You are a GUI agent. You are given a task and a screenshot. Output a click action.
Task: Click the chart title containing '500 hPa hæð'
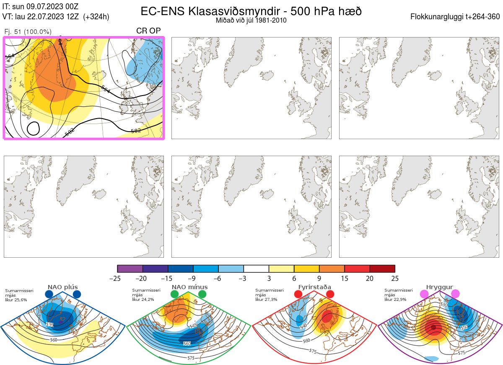[251, 11]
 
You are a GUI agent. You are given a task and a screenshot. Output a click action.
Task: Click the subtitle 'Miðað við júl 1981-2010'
[251, 20]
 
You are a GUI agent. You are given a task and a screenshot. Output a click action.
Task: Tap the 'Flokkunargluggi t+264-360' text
[456, 17]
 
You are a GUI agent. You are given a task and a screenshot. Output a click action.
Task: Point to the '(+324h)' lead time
[96, 17]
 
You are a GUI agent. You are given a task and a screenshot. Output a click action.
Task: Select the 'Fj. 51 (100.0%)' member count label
[28, 32]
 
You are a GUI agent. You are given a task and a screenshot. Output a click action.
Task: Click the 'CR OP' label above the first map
[148, 31]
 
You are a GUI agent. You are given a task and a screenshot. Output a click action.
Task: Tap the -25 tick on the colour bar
[117, 278]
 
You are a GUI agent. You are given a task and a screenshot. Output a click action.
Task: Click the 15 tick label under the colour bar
[345, 278]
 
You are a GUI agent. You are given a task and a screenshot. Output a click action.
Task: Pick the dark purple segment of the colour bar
[130, 269]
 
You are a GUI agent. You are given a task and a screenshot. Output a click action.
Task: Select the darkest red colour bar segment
[382, 269]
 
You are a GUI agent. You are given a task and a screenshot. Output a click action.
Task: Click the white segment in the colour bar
[256, 269]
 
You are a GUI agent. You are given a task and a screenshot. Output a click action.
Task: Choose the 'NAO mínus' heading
[189, 287]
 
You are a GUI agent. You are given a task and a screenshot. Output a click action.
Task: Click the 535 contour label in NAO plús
[50, 325]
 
